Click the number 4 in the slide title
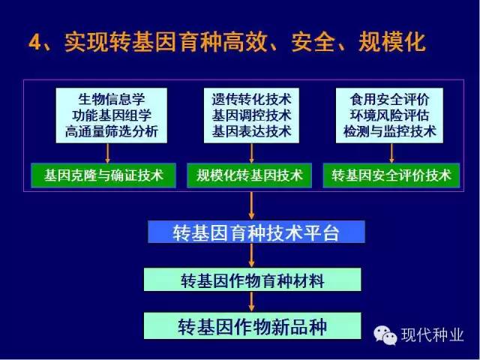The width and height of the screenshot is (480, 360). [x=34, y=42]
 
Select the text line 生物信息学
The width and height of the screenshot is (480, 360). [x=112, y=99]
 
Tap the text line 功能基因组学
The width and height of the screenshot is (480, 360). [x=112, y=115]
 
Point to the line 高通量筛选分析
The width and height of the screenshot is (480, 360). [x=112, y=132]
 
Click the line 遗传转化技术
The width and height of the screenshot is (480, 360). [x=251, y=99]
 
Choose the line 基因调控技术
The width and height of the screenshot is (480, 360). [x=251, y=115]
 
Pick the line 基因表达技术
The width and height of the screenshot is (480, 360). [x=251, y=132]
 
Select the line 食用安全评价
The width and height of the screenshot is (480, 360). [x=389, y=99]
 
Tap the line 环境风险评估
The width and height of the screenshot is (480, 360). [x=389, y=115]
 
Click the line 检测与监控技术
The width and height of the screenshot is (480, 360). [x=389, y=132]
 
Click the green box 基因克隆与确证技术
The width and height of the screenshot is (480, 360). [x=103, y=175]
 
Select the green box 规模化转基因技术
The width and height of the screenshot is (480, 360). [x=250, y=175]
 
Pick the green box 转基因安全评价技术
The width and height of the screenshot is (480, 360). [x=391, y=175]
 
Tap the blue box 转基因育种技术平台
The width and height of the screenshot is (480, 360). [x=256, y=232]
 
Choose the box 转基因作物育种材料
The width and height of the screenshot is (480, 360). [x=252, y=280]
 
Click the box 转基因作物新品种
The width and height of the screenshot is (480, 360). [x=252, y=325]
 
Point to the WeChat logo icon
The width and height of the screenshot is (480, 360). [x=385, y=334]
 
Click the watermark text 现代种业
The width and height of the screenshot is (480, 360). [x=432, y=334]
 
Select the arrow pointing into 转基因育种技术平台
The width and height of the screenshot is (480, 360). [x=251, y=205]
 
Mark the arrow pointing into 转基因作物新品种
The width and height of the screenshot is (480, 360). [x=252, y=301]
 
